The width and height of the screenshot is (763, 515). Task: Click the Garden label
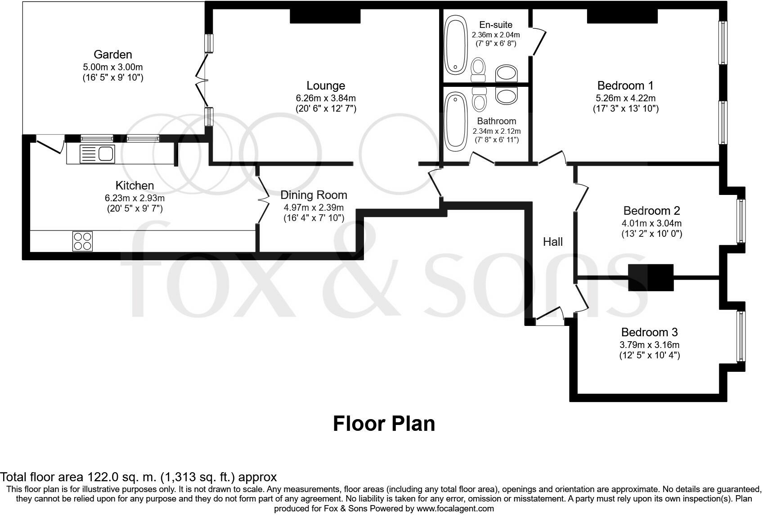click(112, 55)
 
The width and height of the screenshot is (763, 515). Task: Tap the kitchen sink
click(97, 154)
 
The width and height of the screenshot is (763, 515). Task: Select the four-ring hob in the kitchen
click(82, 241)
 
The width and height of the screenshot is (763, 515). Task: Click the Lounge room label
click(326, 86)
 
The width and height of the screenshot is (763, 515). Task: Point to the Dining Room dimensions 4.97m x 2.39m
click(313, 208)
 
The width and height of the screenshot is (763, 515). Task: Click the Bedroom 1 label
click(625, 86)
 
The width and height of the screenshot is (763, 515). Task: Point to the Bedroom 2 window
click(741, 221)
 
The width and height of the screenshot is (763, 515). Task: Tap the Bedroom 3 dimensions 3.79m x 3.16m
click(649, 345)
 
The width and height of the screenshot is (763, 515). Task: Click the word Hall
click(552, 242)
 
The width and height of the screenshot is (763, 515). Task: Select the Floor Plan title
click(384, 424)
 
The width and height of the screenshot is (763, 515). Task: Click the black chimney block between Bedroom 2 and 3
click(651, 277)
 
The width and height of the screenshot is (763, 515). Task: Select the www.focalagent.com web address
click(455, 509)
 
